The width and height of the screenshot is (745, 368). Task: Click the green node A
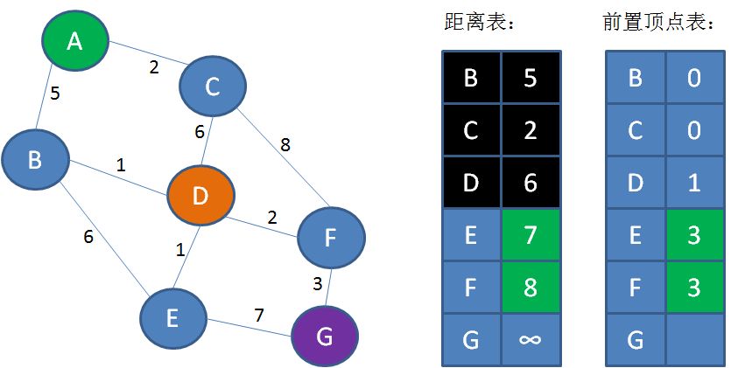coord(75,40)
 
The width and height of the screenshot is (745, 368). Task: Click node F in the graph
coord(330,237)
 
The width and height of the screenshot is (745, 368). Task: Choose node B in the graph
coord(35,159)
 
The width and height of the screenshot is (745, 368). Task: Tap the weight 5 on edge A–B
coord(54,93)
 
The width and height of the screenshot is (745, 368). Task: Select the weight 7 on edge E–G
coord(260,315)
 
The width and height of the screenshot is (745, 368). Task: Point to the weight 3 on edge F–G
coord(319,282)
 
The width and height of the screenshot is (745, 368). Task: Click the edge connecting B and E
coord(102,237)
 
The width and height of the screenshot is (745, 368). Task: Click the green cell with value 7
coord(530,235)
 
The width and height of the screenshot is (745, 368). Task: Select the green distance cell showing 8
coord(530,287)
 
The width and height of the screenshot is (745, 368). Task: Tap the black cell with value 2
coord(530,130)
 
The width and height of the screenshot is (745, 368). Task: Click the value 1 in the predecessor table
coord(694,183)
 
